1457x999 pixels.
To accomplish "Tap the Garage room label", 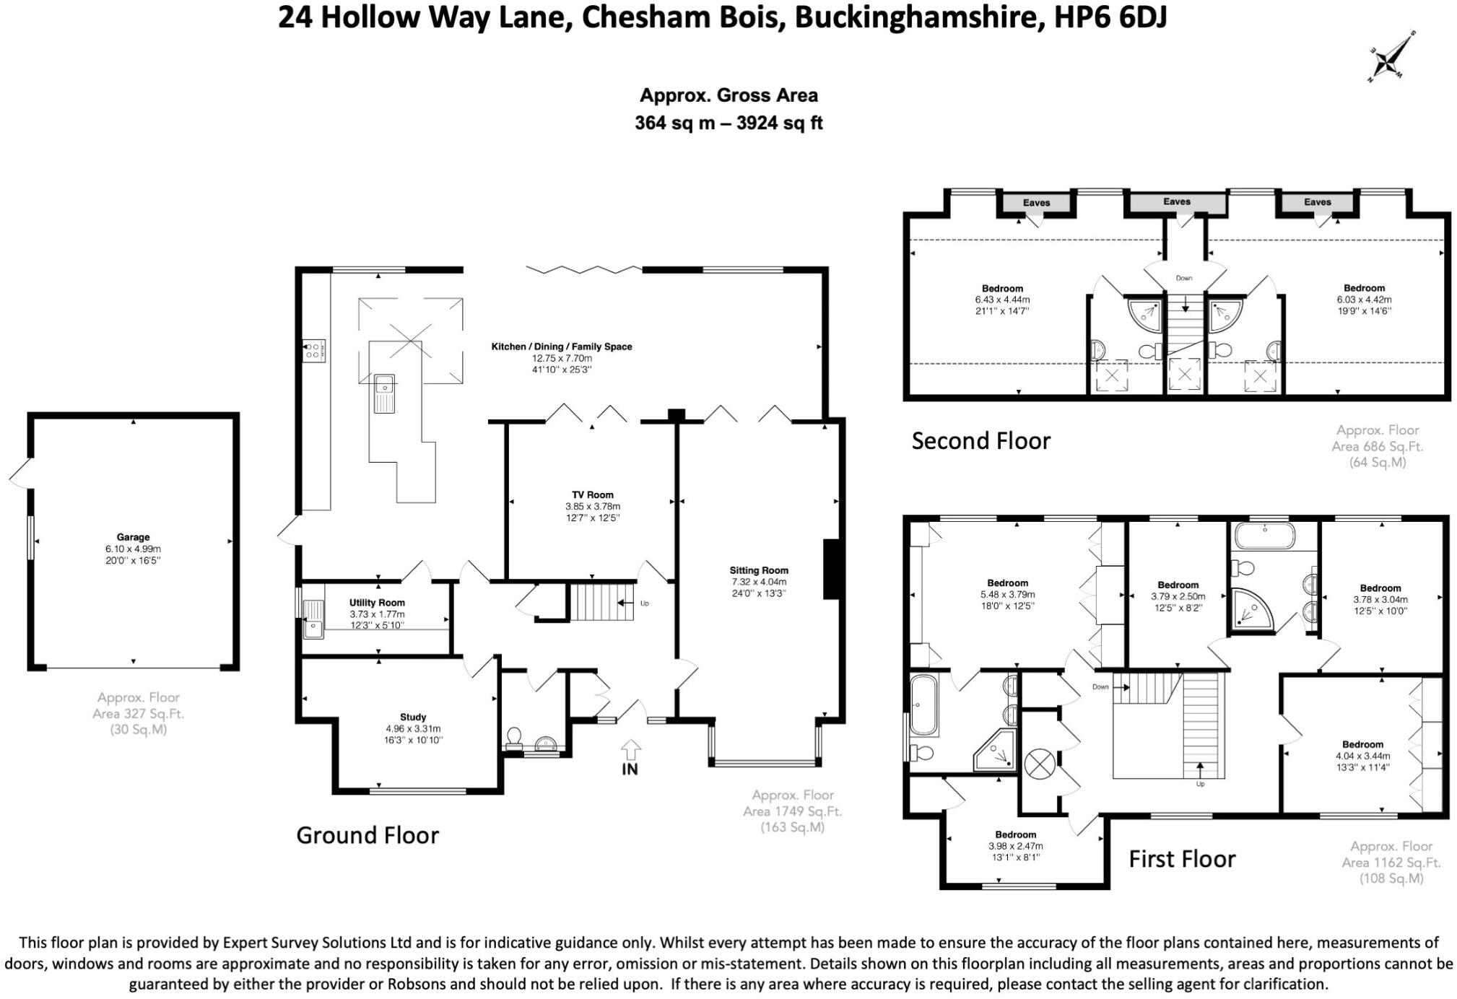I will point(133,537).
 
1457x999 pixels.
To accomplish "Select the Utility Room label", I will point(377,603).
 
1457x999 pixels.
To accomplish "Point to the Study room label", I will point(413,717).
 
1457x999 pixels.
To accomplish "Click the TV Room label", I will point(593,494).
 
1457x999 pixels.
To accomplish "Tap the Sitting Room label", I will point(759,570).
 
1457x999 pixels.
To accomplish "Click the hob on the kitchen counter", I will point(314,351).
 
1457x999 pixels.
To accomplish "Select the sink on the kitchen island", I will point(384,393).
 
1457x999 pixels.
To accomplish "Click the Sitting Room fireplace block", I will point(831,569).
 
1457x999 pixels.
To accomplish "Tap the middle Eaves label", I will point(1176,202).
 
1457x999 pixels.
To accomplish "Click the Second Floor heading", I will point(980,440).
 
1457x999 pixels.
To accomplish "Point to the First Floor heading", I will point(1182,859).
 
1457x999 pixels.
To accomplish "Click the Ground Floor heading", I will point(367,835).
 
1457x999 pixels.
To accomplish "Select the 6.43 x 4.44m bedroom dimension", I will point(1002,300).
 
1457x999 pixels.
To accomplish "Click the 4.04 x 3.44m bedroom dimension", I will point(1362,756).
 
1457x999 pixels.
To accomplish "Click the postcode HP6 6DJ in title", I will point(1110,17).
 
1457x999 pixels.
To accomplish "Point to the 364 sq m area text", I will point(674,123).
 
